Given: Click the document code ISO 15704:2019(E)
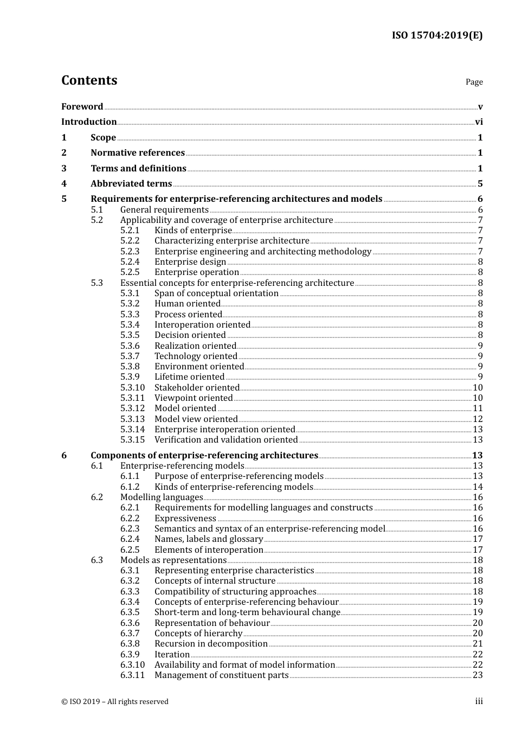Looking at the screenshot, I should [437, 36].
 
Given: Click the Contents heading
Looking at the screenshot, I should [89, 80].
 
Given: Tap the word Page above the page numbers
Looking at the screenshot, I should [474, 82].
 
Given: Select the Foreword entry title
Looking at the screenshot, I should [82, 106].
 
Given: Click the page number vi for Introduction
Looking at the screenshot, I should [479, 122].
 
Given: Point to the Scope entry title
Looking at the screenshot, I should [103, 138].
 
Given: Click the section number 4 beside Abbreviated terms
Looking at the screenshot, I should [64, 184].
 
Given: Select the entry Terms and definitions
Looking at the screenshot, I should [138, 169].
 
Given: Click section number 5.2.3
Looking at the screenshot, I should [130, 252].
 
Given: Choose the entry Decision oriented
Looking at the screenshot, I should [190, 335].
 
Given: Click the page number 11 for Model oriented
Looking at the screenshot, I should [478, 408].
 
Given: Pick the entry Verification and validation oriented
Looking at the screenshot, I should [226, 440].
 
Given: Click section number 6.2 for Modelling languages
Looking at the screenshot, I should [96, 497].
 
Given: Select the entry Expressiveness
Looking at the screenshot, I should [185, 519].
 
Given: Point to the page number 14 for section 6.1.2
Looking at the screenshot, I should [478, 487].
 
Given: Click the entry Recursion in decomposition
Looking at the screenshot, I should [211, 644].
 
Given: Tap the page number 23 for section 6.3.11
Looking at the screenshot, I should [478, 675].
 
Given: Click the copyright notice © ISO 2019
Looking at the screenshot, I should [115, 702].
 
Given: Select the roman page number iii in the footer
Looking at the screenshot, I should [479, 701].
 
